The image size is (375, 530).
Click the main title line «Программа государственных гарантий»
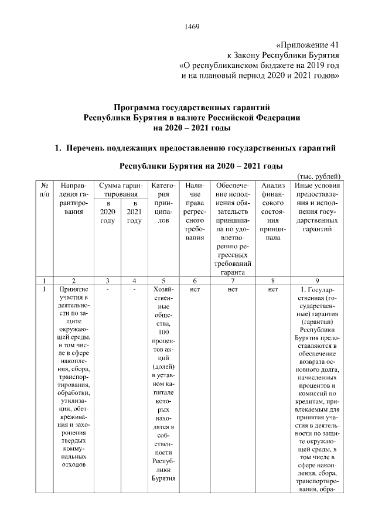pos(192,108)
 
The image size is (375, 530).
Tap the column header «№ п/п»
pos(45,190)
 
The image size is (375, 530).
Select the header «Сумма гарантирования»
pos(121,190)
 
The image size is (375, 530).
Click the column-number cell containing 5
pos(164,280)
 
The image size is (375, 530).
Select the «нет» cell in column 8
pos(272,289)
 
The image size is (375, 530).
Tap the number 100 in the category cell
pos(164,332)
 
